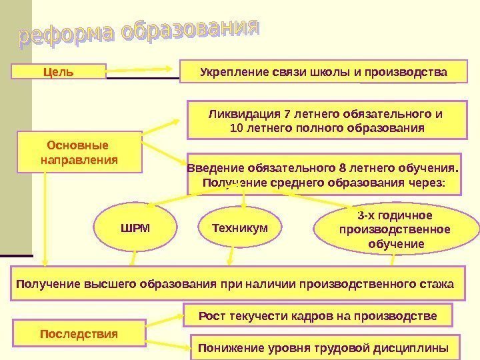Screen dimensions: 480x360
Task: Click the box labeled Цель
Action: point(58,71)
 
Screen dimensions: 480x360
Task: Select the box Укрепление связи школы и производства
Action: point(324,71)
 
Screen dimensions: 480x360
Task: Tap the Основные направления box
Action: point(79,153)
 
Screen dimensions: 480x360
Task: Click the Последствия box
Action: point(79,333)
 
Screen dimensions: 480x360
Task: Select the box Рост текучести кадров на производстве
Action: point(317,315)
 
